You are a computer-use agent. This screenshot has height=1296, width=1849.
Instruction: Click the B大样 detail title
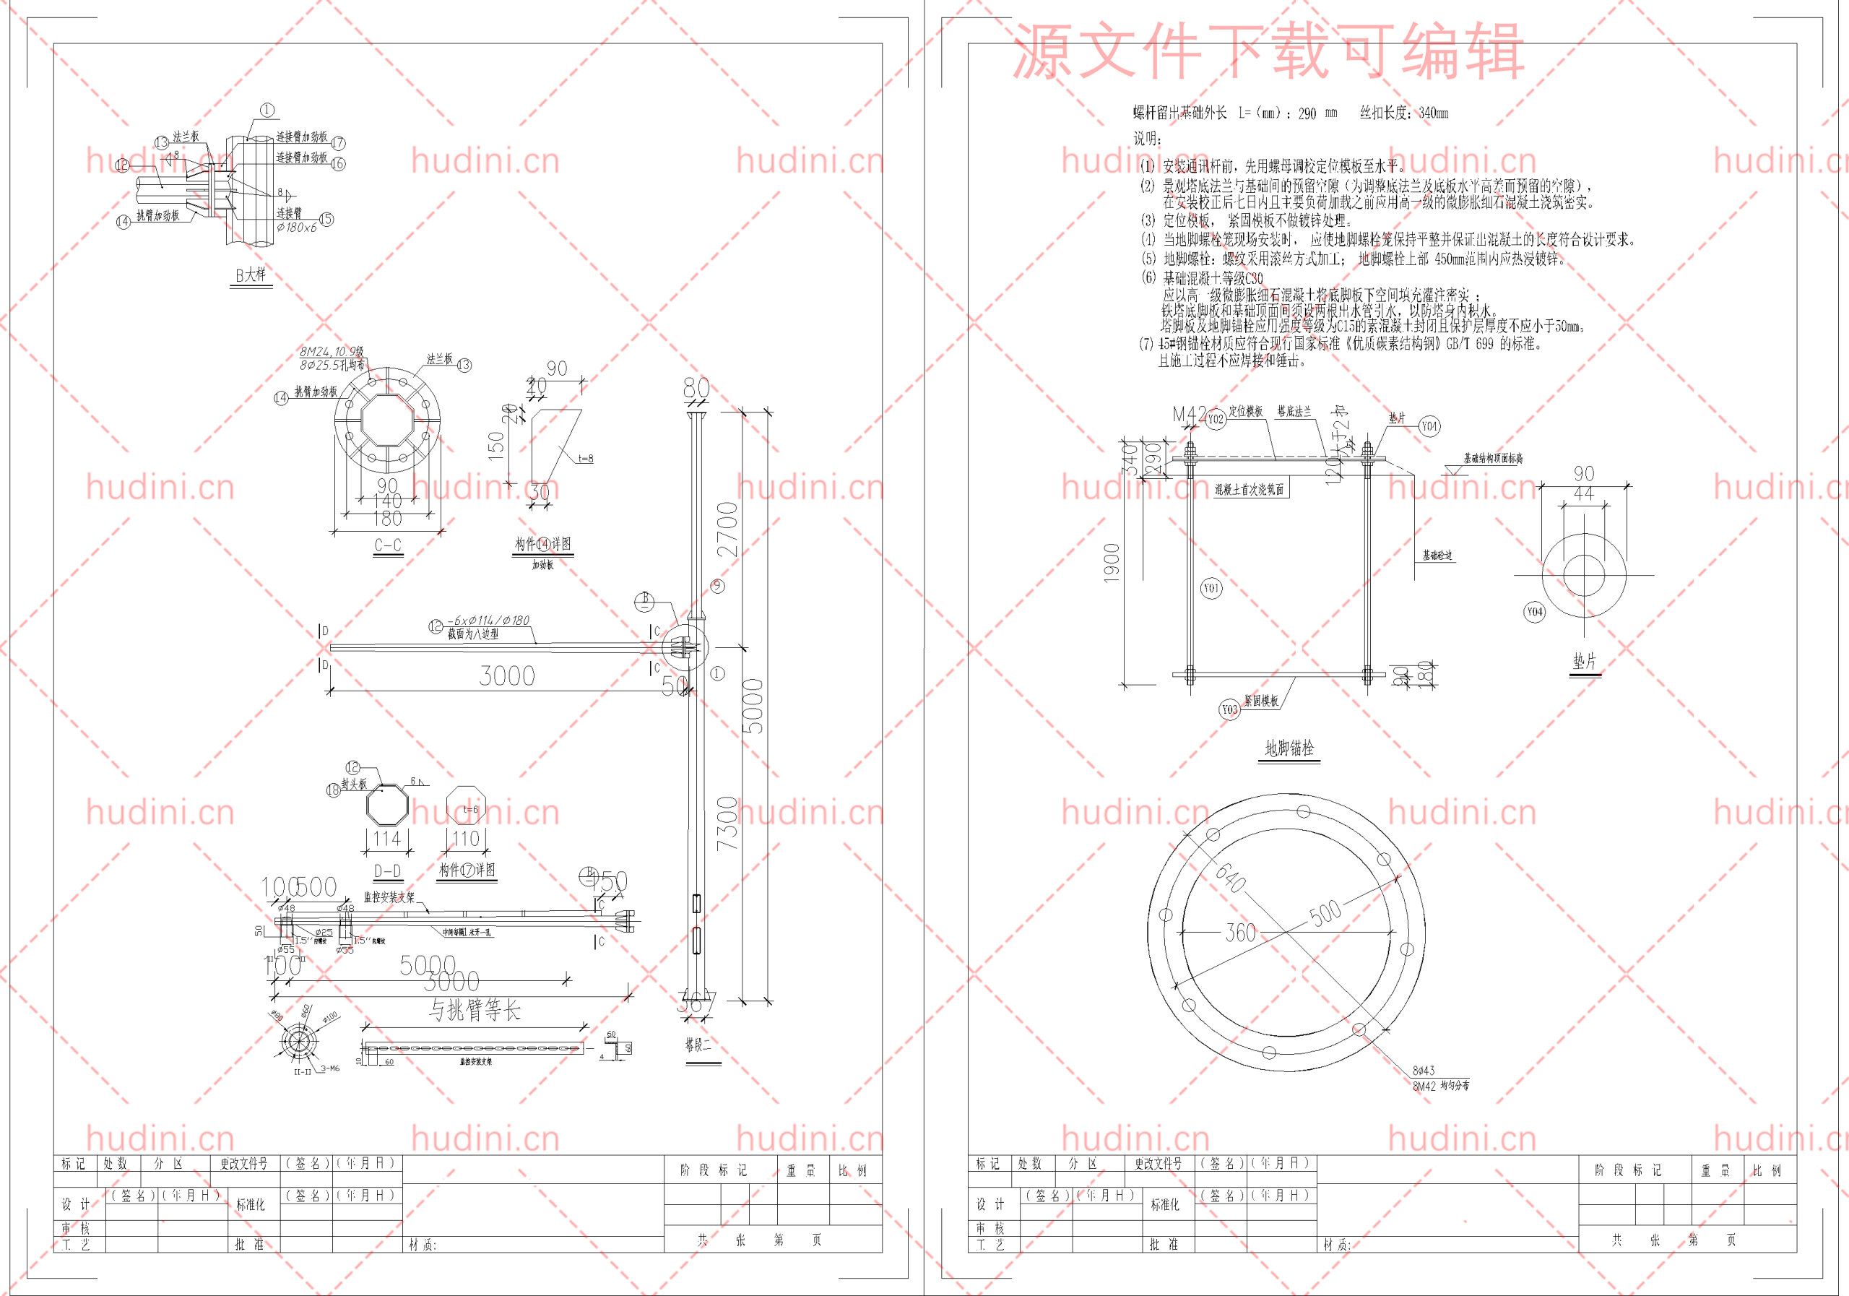(x=251, y=275)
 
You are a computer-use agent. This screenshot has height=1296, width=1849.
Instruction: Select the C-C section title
(x=387, y=545)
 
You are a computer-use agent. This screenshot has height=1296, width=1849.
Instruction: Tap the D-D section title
(x=387, y=871)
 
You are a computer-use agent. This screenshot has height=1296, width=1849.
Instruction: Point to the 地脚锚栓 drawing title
(x=1289, y=748)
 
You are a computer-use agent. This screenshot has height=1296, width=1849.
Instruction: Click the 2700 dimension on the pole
(x=727, y=530)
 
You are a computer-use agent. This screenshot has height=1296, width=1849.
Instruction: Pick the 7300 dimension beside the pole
(x=727, y=824)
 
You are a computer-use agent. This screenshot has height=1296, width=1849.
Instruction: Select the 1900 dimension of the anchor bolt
(x=1112, y=562)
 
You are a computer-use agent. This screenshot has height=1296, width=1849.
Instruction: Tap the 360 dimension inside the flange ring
(x=1240, y=933)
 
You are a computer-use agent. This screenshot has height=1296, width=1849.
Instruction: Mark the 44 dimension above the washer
(x=1584, y=493)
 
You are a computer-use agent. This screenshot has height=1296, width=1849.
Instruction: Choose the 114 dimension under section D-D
(x=386, y=839)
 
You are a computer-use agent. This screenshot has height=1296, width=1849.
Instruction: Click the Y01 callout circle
(x=1211, y=588)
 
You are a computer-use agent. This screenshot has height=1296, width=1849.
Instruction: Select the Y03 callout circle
(x=1229, y=709)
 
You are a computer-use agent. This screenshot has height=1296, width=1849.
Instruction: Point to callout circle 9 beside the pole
(x=717, y=586)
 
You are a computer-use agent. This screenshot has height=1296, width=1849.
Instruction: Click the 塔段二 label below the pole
(x=698, y=1045)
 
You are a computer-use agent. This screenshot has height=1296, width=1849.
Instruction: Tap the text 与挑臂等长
(x=475, y=1009)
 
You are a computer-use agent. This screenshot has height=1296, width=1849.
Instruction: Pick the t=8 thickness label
(x=586, y=458)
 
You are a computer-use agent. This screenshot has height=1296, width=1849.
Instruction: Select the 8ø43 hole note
(x=1423, y=1071)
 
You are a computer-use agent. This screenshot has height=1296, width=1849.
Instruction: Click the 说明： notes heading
(x=1148, y=139)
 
